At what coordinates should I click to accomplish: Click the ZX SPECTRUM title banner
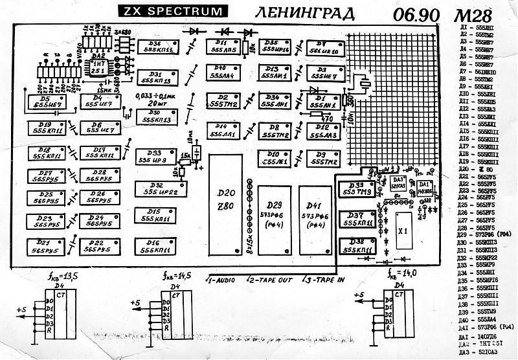click(x=173, y=11)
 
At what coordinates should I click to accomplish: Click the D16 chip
click(x=154, y=245)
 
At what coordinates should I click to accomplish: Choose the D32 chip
click(x=154, y=188)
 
